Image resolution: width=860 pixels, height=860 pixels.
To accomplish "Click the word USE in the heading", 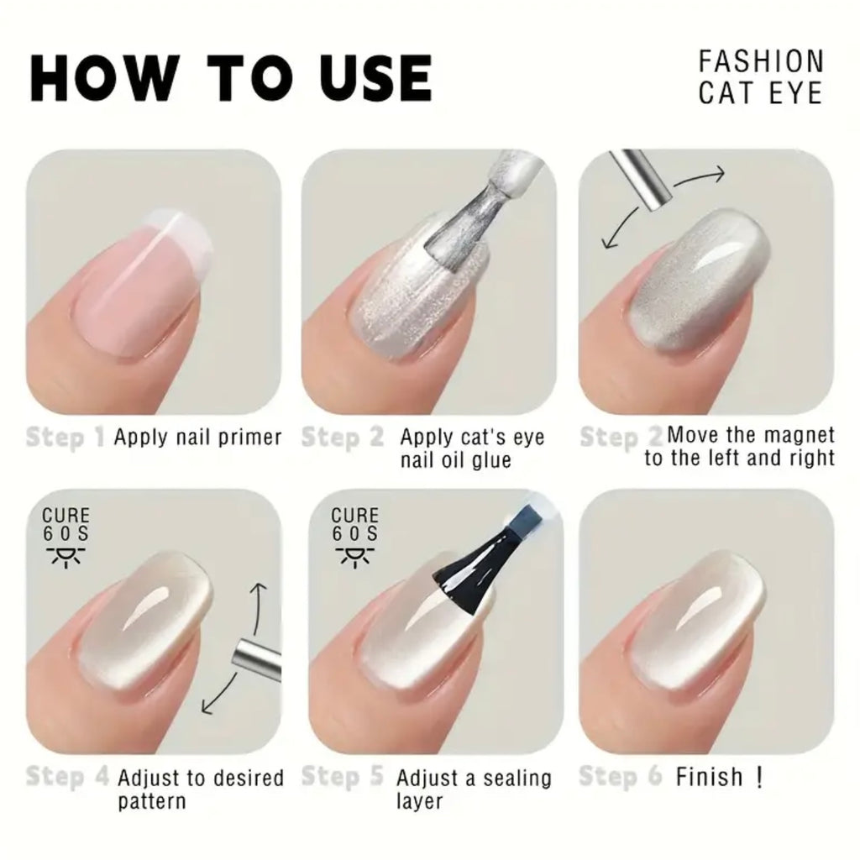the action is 375,78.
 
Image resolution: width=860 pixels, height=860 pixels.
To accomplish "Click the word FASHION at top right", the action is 761,60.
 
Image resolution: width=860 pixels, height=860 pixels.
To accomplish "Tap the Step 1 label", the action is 65,438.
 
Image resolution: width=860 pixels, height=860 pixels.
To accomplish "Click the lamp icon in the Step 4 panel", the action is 66,556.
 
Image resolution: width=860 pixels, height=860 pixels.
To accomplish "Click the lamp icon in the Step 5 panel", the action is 354,556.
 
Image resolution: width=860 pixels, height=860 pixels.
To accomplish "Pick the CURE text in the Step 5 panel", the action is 355,516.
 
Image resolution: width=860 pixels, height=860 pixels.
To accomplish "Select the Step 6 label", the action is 621,777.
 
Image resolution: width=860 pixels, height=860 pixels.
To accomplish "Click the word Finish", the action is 709,777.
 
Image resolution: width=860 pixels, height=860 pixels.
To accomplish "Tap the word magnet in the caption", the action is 799,435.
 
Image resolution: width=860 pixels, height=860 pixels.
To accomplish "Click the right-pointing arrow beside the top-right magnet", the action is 699,178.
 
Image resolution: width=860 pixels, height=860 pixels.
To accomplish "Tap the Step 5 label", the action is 343,777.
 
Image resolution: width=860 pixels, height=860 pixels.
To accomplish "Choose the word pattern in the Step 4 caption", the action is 152,801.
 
